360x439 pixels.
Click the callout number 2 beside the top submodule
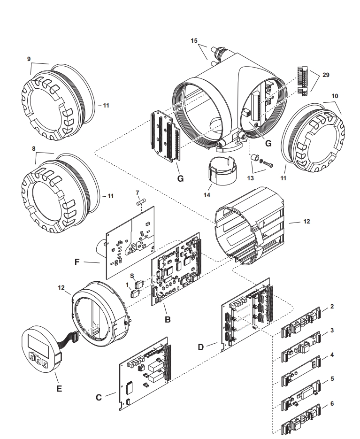tap(331, 306)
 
